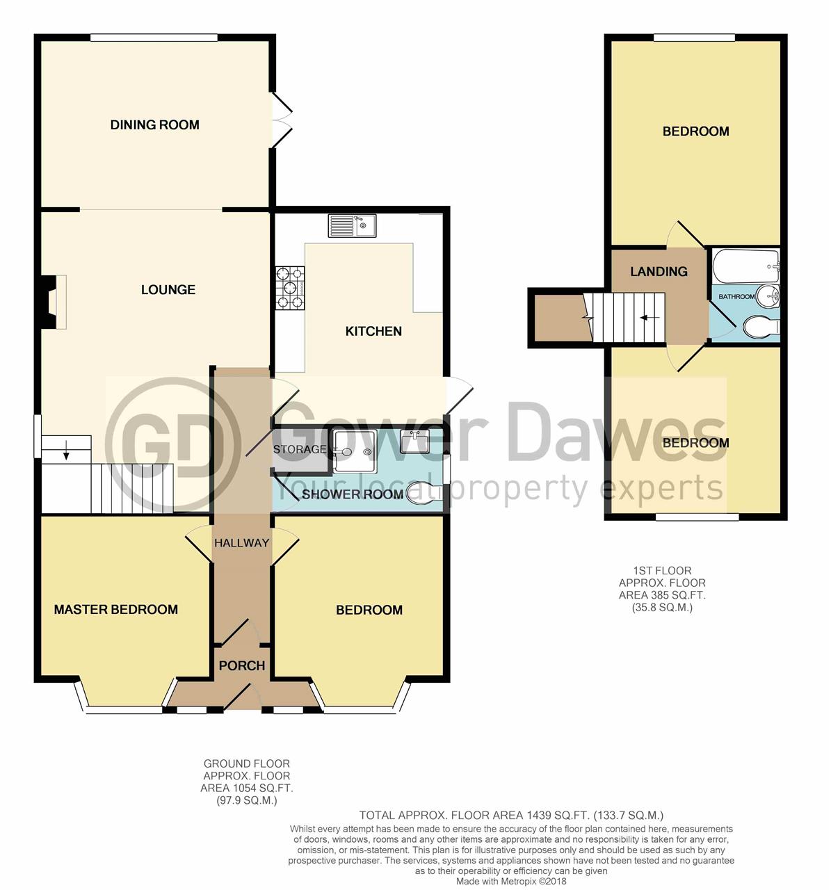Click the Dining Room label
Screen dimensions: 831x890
[x=154, y=124]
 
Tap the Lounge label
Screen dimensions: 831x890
[x=168, y=289]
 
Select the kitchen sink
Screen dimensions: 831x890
[x=352, y=225]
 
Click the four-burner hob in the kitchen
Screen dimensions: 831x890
[x=290, y=288]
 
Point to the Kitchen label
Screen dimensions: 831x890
[x=373, y=331]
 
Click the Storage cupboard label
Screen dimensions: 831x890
[x=300, y=449]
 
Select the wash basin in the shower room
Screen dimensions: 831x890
[x=414, y=441]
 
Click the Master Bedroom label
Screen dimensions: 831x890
[x=116, y=609]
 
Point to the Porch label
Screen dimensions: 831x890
[x=242, y=665]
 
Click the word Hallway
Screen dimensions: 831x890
[x=241, y=543]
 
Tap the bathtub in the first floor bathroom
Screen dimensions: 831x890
[x=746, y=266]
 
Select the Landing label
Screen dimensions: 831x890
[x=659, y=271]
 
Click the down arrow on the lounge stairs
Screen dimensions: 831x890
[x=66, y=450]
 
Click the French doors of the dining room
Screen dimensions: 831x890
[x=282, y=120]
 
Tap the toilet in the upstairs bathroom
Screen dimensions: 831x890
[x=761, y=326]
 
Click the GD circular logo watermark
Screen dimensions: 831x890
[x=172, y=444]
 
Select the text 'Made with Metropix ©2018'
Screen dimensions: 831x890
[x=511, y=881]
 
